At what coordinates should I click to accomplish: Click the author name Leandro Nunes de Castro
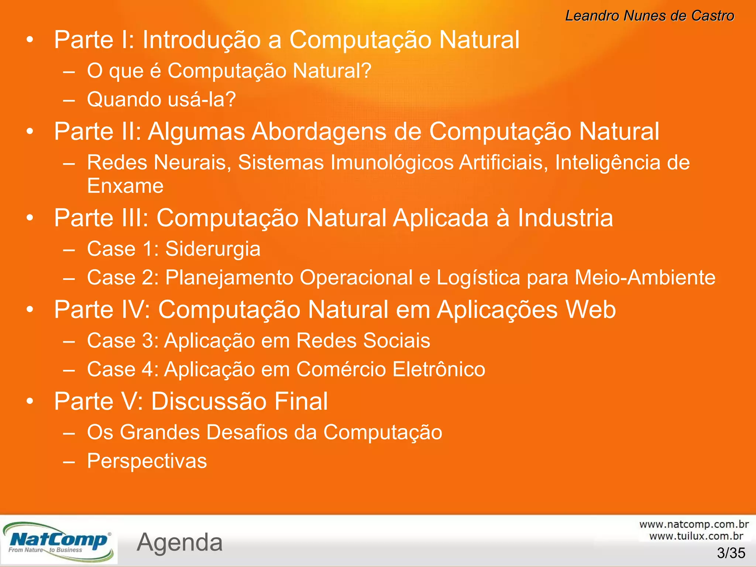coord(649,16)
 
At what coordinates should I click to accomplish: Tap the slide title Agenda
coord(180,542)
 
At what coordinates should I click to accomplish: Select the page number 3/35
coord(731,553)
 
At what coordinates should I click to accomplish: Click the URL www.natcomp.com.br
coord(694,524)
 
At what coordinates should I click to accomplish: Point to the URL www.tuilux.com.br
coord(696,536)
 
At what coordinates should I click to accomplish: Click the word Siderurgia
coord(213,249)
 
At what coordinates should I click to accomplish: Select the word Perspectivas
coord(147,461)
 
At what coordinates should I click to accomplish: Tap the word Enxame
coord(125,186)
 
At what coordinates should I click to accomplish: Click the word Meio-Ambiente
coord(645,278)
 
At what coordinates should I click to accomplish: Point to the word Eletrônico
coord(439,369)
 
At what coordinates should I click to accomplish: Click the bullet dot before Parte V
coord(30,401)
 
